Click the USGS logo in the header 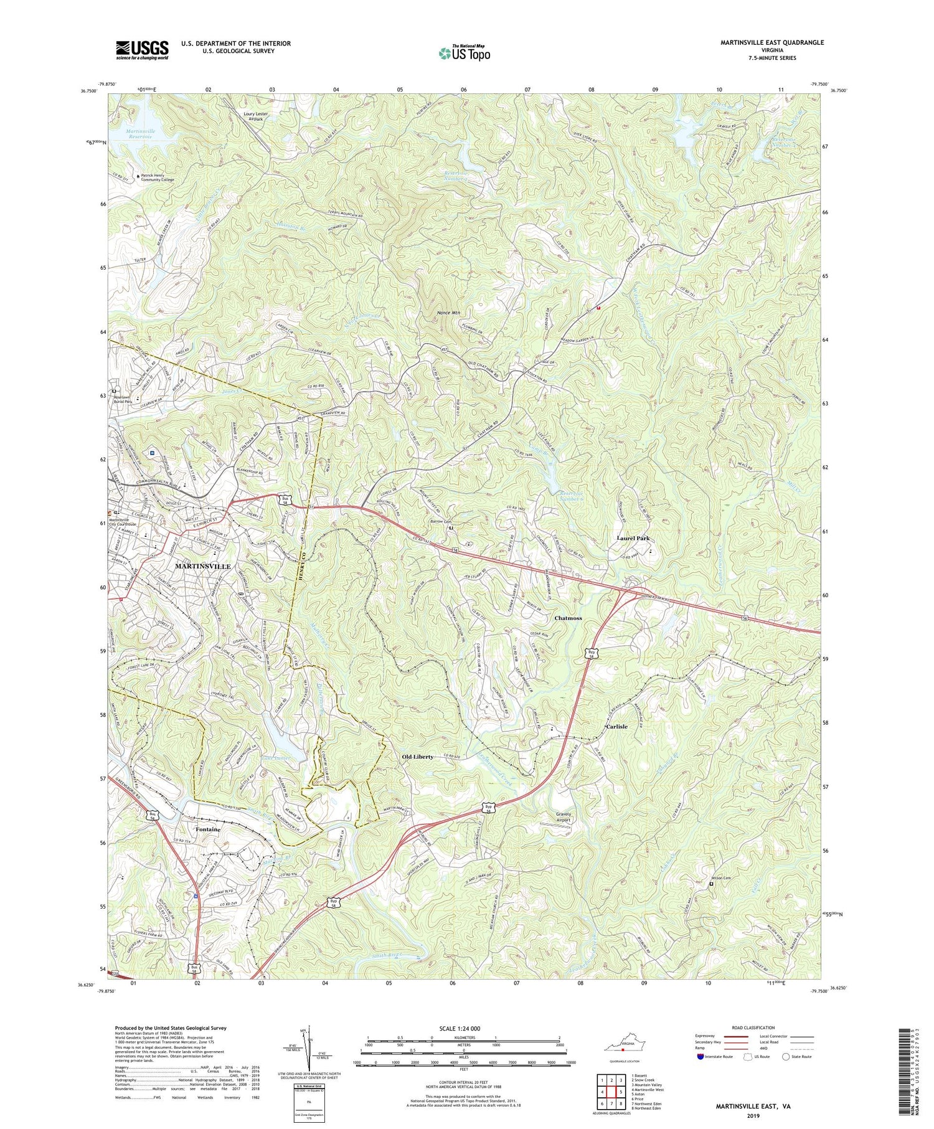[142, 50]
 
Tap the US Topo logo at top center [465, 54]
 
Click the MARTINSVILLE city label [203, 566]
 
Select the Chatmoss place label [568, 618]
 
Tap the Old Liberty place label [417, 757]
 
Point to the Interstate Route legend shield [699, 1057]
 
